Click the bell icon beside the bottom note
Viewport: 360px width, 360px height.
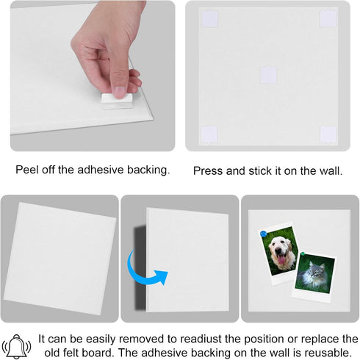(x=16, y=346)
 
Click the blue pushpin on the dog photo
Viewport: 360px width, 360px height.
(x=264, y=234)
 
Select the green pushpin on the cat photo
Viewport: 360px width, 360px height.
(x=303, y=254)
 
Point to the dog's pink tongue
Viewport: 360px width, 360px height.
(x=281, y=260)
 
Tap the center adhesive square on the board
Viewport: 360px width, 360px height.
(x=268, y=75)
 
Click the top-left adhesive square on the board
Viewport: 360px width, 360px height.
(x=209, y=18)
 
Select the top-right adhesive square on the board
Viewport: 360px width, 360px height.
(x=328, y=18)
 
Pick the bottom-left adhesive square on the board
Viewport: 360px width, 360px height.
(x=209, y=134)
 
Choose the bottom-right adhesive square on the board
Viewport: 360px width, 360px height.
(x=328, y=134)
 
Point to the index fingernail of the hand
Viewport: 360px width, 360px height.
(x=120, y=92)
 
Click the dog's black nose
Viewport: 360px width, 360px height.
(x=278, y=251)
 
